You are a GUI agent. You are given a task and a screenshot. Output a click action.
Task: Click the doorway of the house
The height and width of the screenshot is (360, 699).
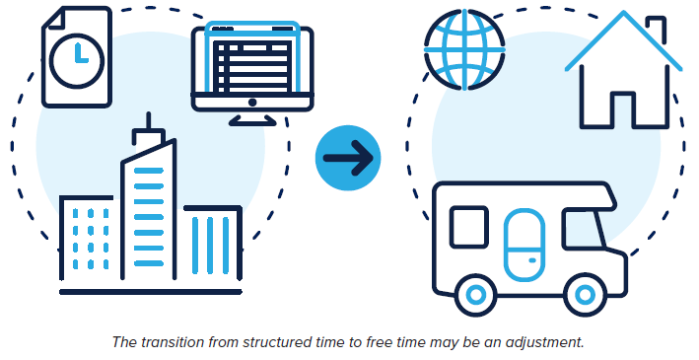625,108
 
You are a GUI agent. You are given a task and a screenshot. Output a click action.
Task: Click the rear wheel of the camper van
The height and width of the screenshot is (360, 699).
476,294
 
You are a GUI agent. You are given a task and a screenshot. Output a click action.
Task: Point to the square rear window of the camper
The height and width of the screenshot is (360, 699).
469,229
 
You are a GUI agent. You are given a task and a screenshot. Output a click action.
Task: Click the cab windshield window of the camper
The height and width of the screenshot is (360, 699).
581,232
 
